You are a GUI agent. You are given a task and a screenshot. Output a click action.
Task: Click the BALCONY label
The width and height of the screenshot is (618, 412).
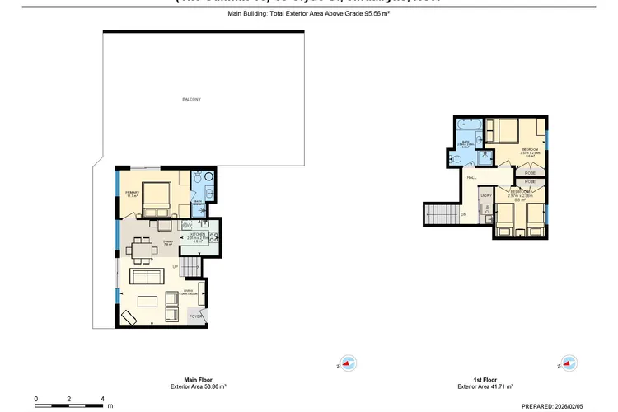click(192, 100)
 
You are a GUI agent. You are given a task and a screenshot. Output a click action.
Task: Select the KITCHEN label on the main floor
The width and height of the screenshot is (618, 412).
click(199, 234)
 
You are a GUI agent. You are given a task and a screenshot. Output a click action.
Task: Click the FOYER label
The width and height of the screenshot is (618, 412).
click(196, 316)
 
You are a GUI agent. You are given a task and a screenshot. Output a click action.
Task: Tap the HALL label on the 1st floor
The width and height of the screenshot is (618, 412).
click(472, 177)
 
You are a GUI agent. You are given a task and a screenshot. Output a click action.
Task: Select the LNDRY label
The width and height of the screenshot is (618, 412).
click(487, 195)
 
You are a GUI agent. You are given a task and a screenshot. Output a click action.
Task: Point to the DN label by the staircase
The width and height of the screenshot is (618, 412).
click(464, 214)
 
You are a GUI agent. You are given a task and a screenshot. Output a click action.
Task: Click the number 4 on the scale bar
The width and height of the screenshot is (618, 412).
click(102, 398)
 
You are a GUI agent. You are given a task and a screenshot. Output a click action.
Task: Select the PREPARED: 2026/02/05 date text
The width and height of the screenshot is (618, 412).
click(569, 405)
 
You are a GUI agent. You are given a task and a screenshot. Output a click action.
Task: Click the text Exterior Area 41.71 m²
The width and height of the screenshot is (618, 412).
click(485, 386)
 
